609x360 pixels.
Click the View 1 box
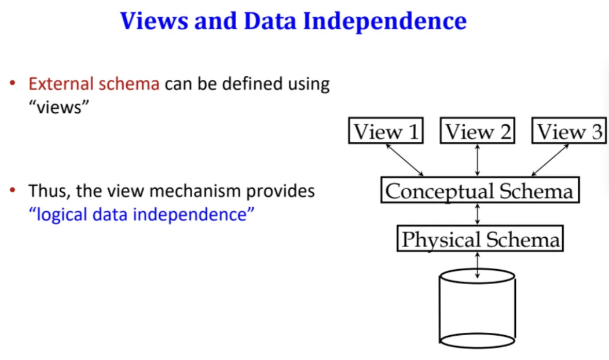(x=386, y=132)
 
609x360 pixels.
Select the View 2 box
(x=478, y=132)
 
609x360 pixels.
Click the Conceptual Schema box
(x=479, y=190)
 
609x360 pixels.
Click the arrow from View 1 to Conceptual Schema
(x=405, y=159)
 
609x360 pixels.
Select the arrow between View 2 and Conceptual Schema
(x=478, y=159)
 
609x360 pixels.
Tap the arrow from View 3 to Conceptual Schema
(x=550, y=159)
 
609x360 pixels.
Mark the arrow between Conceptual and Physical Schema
(x=478, y=214)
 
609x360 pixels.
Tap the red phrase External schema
(x=94, y=84)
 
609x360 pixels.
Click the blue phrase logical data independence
(x=142, y=214)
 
